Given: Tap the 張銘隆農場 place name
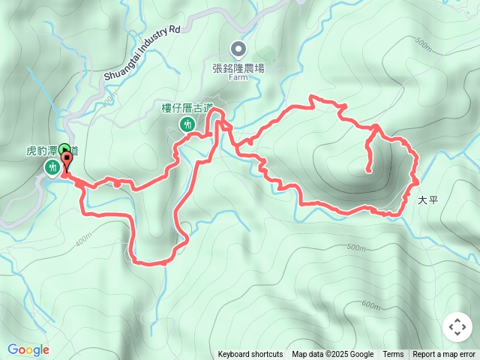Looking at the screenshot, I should click(x=238, y=67).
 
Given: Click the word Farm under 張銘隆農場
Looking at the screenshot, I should click(x=238, y=76).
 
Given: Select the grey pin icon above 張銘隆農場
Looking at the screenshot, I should click(x=238, y=49).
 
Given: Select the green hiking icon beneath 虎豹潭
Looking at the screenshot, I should click(x=52, y=166).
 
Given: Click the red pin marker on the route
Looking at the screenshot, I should click(x=67, y=160).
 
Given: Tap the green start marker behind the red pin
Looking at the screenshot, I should click(x=64, y=148).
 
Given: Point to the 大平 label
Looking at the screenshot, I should click(x=427, y=200).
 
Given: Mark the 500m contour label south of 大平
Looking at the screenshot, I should click(x=357, y=247).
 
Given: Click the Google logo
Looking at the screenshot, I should click(x=28, y=349).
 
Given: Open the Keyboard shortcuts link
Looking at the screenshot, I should click(x=250, y=355).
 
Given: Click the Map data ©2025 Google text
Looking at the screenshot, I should click(x=332, y=355).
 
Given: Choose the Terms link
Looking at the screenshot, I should click(x=393, y=355).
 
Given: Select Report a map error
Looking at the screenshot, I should click(x=444, y=355).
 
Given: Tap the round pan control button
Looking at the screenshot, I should click(x=457, y=328).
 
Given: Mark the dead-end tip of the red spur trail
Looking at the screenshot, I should click(x=369, y=171).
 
